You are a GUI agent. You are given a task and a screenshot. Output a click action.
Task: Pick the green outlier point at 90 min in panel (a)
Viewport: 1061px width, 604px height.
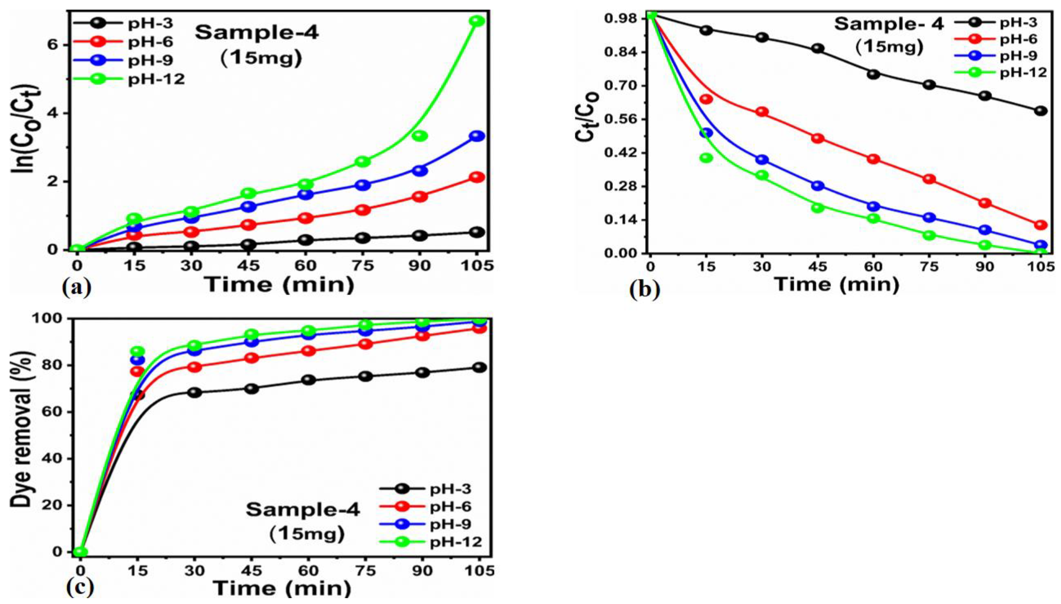[x=420, y=136]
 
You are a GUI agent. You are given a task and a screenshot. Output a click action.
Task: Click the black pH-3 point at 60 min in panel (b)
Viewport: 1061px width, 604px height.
[x=873, y=74]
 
